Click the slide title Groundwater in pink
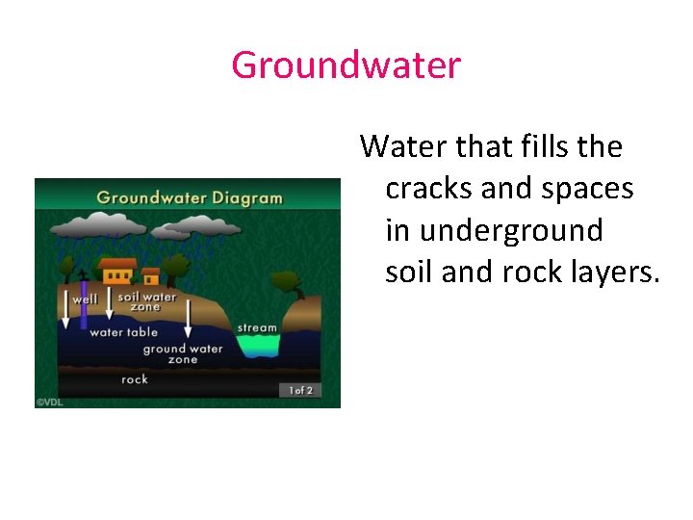(x=346, y=65)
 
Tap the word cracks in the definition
(x=429, y=189)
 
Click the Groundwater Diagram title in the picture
(x=190, y=198)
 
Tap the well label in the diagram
(x=85, y=299)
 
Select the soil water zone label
(x=146, y=301)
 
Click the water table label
(x=123, y=332)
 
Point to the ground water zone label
(x=182, y=353)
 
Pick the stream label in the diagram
(x=257, y=327)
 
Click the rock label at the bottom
(x=135, y=379)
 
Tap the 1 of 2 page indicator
(x=299, y=390)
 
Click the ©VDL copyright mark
(x=49, y=403)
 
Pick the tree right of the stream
(x=288, y=283)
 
